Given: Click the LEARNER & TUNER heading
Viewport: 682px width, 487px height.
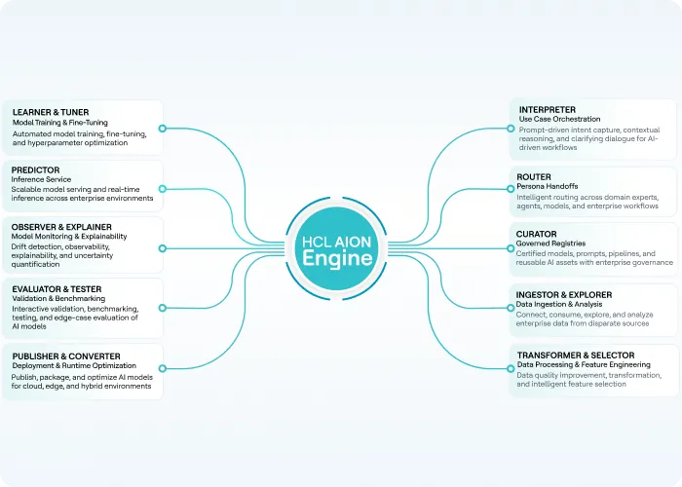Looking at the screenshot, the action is tap(51, 112).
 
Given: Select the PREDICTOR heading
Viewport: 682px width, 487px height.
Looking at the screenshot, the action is tap(35, 170).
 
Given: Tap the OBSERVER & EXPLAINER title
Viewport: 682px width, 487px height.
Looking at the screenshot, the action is tap(61, 227).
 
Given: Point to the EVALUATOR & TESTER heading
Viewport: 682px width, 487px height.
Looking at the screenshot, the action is tap(57, 289).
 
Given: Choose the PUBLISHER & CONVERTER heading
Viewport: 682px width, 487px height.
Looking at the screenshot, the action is tap(66, 356).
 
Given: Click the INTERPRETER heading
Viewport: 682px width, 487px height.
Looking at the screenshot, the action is tap(548, 109).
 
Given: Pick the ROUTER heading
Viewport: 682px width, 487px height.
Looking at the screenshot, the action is tap(534, 177).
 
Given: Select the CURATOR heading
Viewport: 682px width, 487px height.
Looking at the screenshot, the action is tap(536, 234).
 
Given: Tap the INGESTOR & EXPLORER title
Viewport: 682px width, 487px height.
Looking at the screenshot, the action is tap(564, 295).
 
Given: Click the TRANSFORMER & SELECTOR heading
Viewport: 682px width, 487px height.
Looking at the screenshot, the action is tap(576, 356).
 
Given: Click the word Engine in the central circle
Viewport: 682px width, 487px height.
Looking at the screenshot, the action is tap(337, 258).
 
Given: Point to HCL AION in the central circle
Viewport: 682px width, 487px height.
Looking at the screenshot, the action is tap(337, 242).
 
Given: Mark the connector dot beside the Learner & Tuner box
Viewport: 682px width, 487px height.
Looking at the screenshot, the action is tap(163, 129).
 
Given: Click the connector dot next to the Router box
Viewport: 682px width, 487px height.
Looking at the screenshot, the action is tap(511, 189).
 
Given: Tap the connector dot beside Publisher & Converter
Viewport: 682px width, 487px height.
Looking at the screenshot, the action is tap(163, 369).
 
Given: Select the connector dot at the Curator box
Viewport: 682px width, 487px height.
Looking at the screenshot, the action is tap(511, 248).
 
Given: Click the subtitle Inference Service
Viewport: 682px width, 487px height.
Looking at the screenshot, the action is tap(41, 179).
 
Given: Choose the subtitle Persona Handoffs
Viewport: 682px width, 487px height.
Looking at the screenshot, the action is tap(548, 186).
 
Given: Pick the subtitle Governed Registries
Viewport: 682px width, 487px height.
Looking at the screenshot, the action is tap(550, 243).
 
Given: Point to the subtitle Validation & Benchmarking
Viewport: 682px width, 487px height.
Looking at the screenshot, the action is tap(58, 298).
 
